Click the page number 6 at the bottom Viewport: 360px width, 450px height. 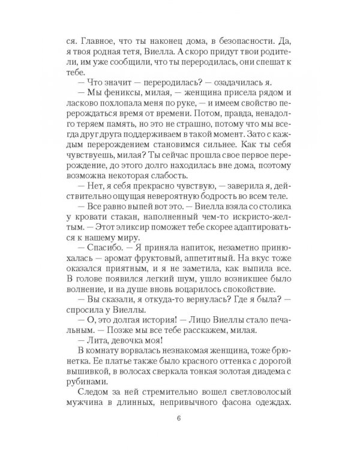[x=180, y=419]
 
